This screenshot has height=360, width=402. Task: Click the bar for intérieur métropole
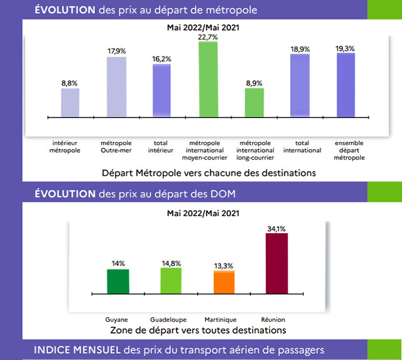(x=70, y=102)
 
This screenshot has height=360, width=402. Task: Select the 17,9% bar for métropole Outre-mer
(x=116, y=87)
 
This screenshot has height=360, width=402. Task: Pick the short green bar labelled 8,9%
(x=254, y=102)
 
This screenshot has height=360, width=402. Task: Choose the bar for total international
(x=300, y=85)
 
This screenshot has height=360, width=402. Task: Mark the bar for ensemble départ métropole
(x=346, y=85)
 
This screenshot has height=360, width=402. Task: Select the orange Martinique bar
(x=224, y=281)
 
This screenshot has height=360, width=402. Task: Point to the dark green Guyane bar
(x=118, y=281)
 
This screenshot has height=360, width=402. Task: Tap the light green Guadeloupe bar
(x=171, y=280)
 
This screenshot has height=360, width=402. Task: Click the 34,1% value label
(x=277, y=229)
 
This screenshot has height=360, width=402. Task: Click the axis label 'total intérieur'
(x=161, y=146)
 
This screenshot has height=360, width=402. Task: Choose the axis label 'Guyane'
(x=118, y=319)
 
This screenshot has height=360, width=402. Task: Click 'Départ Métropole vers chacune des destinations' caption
(x=209, y=172)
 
